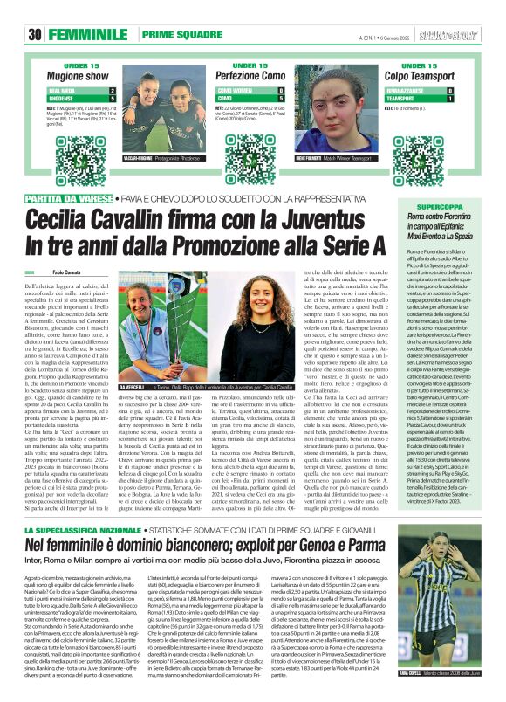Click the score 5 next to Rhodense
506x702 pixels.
112,98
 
